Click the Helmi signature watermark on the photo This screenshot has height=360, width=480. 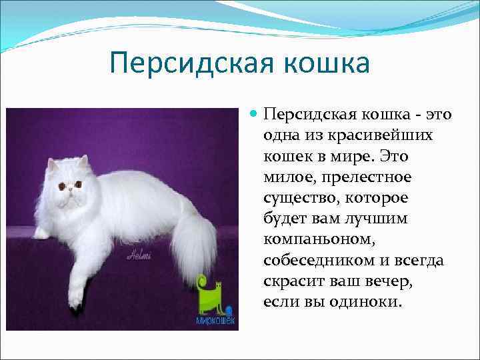[x=139, y=255]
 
